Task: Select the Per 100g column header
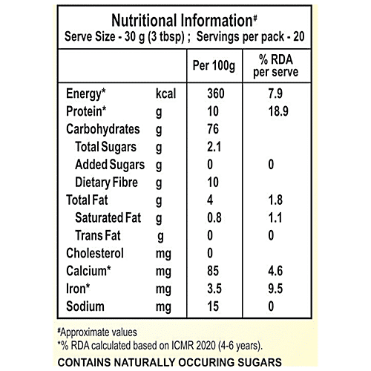214,67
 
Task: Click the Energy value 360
214,95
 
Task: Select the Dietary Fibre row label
108,183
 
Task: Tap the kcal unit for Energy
167,95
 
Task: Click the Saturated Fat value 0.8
214,218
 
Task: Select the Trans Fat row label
99,236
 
